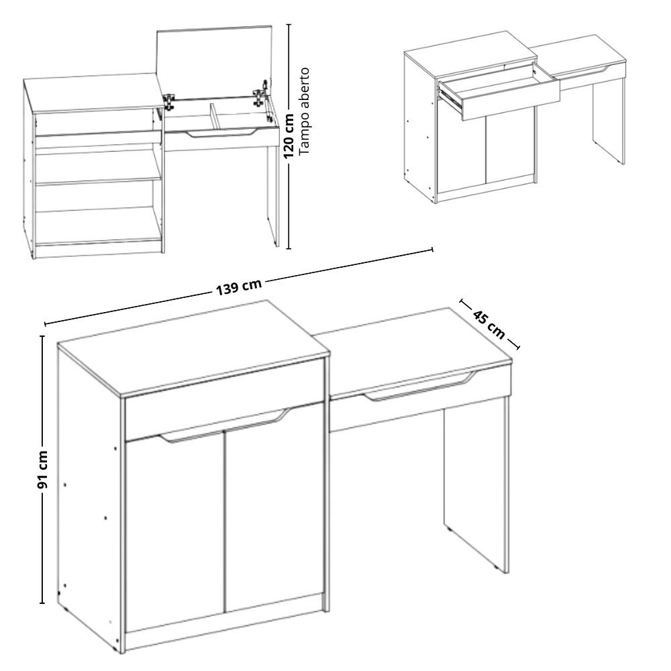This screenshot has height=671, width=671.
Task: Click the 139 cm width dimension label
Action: (238, 287)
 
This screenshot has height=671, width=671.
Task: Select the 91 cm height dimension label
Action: (43, 469)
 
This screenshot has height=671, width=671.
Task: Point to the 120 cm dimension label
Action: (290, 136)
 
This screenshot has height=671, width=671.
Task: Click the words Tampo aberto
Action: (303, 111)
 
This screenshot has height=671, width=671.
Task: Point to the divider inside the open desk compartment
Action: (214, 115)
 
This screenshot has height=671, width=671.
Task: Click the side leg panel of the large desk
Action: (475, 486)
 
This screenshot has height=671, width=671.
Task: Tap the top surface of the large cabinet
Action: (193, 348)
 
